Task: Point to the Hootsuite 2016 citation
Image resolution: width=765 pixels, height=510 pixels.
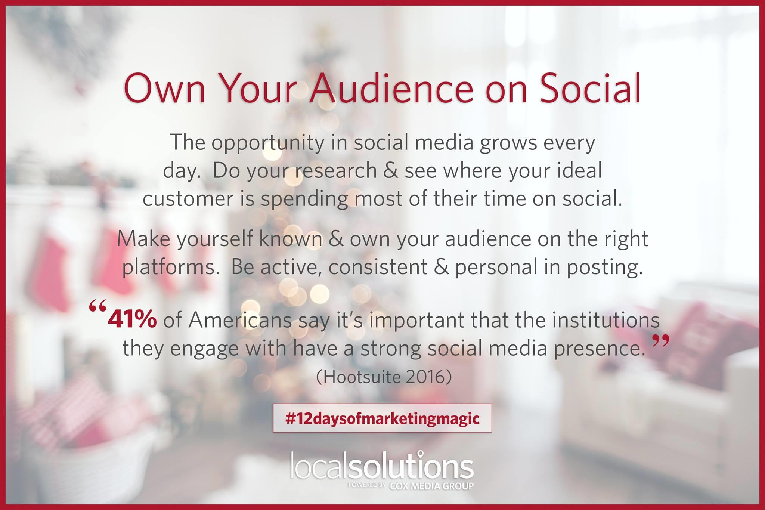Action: pos(384,377)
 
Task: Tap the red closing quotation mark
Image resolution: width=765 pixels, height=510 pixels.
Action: pos(660,341)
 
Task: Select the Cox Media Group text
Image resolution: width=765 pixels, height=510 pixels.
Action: pos(431,486)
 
